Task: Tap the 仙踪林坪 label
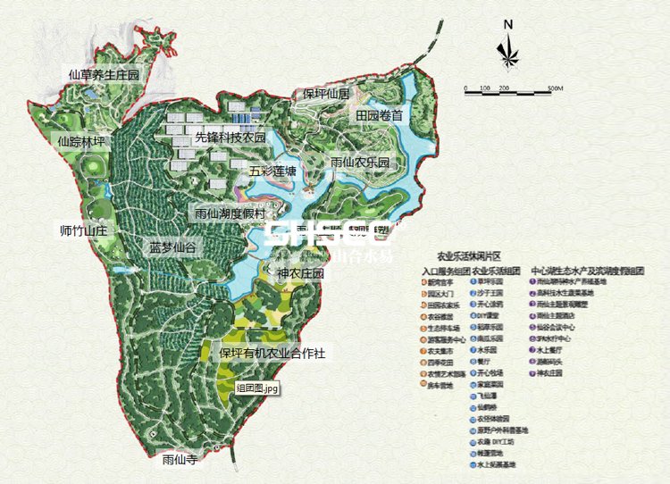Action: click(x=81, y=141)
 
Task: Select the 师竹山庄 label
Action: click(x=82, y=230)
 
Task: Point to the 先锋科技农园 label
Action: click(x=230, y=138)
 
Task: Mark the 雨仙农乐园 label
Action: click(x=360, y=163)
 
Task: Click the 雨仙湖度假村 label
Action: click(x=230, y=214)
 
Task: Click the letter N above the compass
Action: click(x=507, y=24)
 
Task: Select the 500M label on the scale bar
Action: click(x=553, y=88)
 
